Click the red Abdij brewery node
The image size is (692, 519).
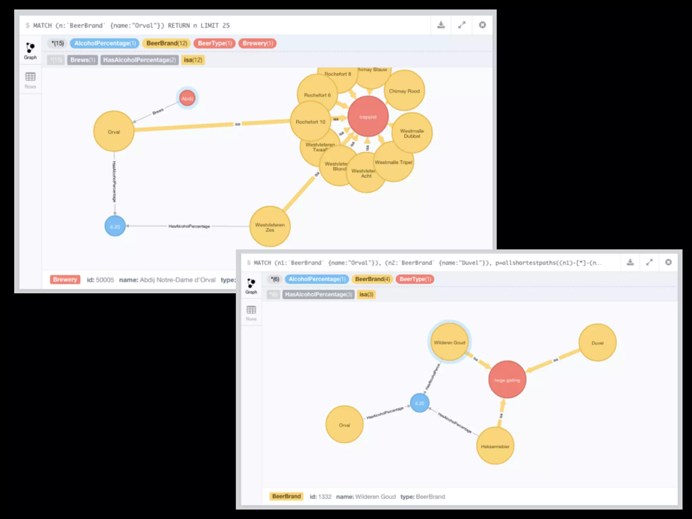187,98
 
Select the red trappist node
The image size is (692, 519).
368,117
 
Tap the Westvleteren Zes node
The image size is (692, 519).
270,227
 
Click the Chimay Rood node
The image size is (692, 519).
404,91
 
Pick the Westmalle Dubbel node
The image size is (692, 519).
412,133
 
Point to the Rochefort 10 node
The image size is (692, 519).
310,122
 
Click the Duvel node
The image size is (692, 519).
597,343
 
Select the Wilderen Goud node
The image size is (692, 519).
449,342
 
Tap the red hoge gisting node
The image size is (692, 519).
507,380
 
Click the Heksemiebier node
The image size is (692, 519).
495,446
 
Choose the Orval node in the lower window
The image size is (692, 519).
344,425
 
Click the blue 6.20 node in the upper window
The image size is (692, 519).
115,226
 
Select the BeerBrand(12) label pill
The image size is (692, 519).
167,43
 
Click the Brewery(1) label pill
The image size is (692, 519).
257,43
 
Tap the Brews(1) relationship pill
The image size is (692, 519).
83,60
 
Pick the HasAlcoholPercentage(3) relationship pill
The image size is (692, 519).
318,294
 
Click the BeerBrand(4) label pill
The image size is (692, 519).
372,279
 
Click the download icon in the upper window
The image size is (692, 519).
441,25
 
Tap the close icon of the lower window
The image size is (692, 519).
668,262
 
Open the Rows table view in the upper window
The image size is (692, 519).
30,80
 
